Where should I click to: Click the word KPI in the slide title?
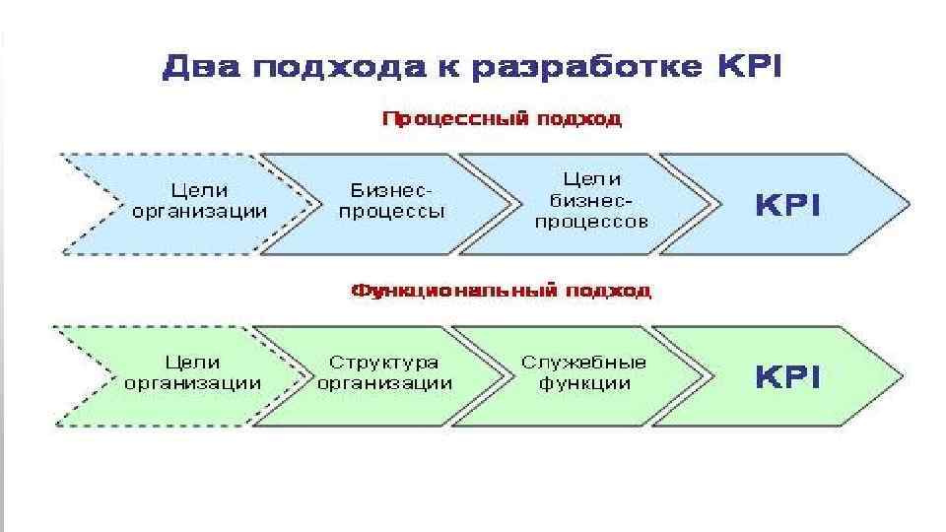tap(745, 67)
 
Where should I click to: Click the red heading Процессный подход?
tap(501, 120)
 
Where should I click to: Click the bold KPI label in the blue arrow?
tap(787, 205)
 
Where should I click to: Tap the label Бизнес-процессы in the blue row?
tap(392, 200)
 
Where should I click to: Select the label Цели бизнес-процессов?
tap(591, 200)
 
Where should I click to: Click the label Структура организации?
tap(384, 373)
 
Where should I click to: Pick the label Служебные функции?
tap(583, 373)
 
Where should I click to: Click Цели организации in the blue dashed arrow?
tap(199, 200)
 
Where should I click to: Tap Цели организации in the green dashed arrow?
tap(193, 373)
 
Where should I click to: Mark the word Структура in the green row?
tap(384, 363)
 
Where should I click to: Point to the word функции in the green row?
tap(583, 384)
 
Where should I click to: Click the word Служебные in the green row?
tap(583, 363)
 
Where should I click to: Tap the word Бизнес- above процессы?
tap(392, 189)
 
